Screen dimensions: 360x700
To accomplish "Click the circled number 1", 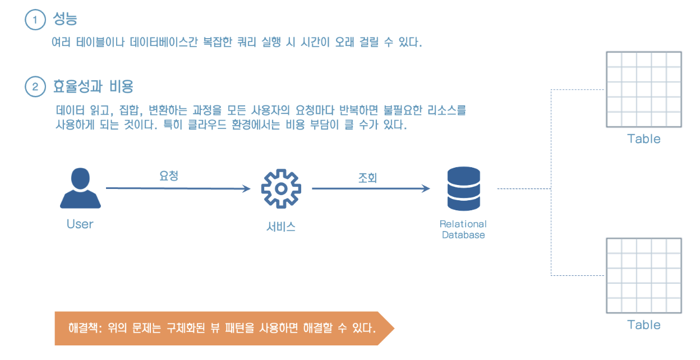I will pos(35,20).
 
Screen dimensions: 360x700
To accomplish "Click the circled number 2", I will pos(35,87).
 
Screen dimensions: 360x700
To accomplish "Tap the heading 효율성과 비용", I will pos(93,87).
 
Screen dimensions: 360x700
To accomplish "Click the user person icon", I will pos(80,189).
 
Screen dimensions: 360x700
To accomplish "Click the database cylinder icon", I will pos(463,189).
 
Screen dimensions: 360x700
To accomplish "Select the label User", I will pos(80,224).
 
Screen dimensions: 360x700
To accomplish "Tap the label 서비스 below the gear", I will pos(281,227).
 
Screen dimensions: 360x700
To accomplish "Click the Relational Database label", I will pos(463,229).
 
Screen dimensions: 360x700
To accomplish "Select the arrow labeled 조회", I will pos(371,189).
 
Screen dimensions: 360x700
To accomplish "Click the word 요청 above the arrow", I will pos(169,176).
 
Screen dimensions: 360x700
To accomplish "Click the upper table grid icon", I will pos(643,90).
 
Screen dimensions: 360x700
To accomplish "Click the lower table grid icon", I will pos(643,275).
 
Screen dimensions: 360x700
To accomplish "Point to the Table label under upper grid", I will pos(643,139).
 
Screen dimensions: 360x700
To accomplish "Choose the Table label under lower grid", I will pos(643,325).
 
